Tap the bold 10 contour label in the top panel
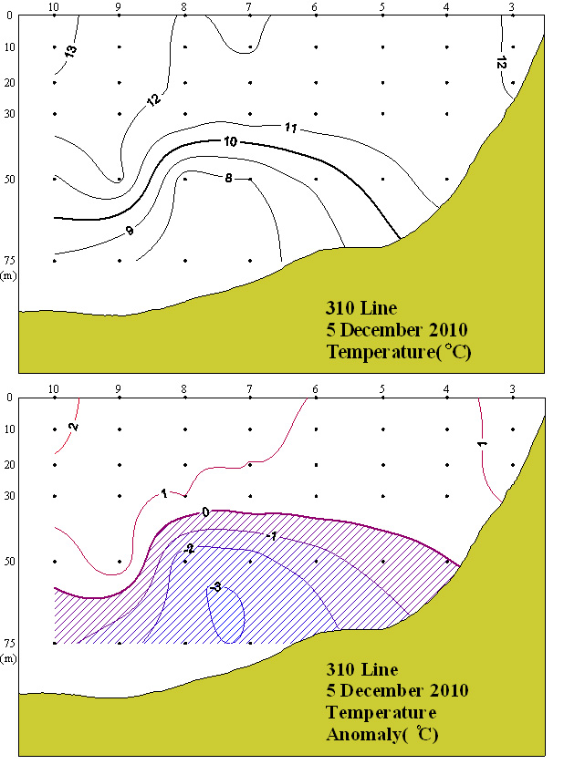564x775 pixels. coord(230,141)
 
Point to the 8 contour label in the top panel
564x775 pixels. coord(227,177)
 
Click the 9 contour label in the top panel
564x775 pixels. coord(130,231)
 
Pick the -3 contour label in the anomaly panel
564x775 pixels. coord(215,588)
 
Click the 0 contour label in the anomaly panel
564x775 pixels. coord(205,512)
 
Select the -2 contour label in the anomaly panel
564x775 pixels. coord(189,549)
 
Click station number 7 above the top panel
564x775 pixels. coord(249,7)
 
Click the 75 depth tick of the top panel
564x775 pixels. coord(8,261)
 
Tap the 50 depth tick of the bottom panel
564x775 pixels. coord(8,562)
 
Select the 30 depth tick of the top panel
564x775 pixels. coord(8,114)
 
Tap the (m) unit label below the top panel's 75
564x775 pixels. coord(8,274)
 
